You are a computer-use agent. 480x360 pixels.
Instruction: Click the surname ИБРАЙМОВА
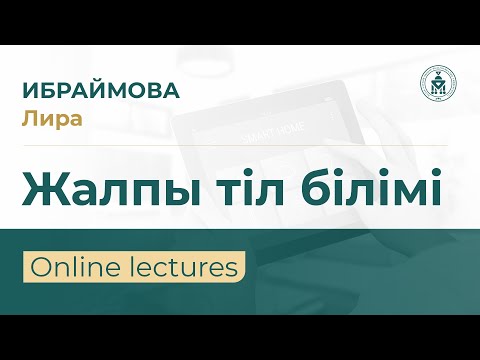[x=100, y=89]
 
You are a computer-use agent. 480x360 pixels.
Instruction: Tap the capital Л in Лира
[x=28, y=117]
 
